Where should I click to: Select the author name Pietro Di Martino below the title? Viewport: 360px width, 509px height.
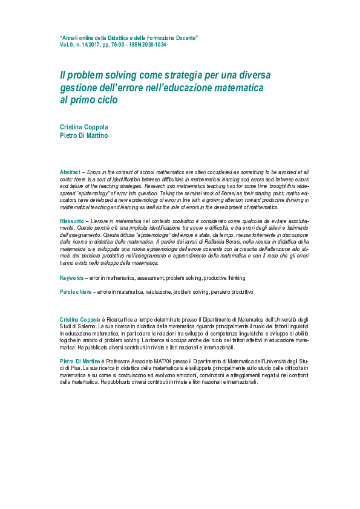[x=83, y=135]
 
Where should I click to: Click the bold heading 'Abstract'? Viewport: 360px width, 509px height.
[x=70, y=172]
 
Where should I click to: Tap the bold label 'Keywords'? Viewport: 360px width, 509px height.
[x=72, y=277]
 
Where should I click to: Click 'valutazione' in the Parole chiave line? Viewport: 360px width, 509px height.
[x=156, y=291]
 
